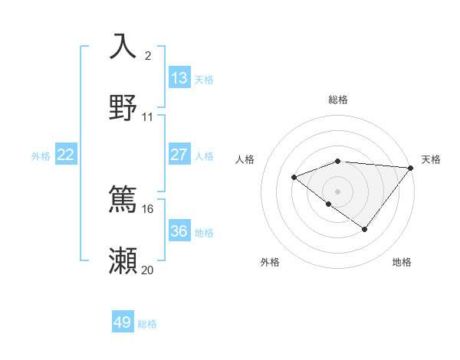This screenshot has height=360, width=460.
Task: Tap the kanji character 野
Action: pos(123,108)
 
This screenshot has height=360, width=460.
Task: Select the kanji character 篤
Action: pos(123,198)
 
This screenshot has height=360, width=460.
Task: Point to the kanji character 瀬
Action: pos(123,260)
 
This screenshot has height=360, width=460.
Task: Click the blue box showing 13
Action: pos(179,77)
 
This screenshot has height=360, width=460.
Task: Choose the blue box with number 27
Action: pos(179,155)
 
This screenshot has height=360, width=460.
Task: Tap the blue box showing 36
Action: pos(179,231)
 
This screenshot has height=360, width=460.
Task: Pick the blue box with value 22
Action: pos(65,155)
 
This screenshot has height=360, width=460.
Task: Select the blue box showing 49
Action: pos(123,322)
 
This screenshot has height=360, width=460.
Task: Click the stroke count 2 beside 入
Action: pos(147,55)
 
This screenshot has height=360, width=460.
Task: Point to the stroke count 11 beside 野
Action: pos(147,117)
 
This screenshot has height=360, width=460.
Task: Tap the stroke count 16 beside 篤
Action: pos(147,208)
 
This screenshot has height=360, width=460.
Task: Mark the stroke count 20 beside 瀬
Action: pos(147,270)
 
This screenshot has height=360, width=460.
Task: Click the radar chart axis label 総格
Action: pos(338,100)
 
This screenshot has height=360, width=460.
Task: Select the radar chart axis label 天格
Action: pos(431,159)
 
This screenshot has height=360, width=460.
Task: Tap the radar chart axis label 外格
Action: pos(270,262)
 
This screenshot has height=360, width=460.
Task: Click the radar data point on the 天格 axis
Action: pos(411,168)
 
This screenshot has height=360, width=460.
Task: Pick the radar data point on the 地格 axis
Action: pos(365,229)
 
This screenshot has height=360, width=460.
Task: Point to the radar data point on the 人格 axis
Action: pos(294,178)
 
